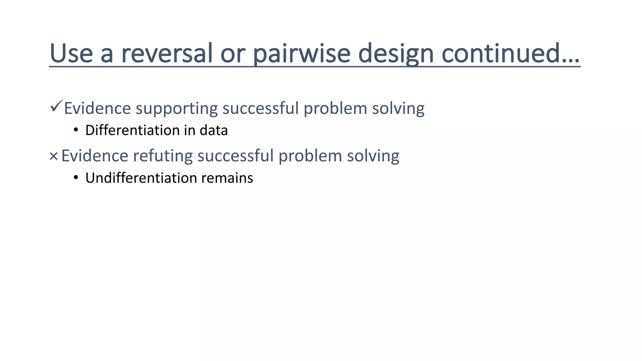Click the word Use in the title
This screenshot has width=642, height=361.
tap(71, 53)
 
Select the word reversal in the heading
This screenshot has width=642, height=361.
tap(167, 53)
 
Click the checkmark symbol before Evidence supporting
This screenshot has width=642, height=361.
tap(56, 107)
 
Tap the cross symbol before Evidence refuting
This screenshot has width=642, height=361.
tap(54, 156)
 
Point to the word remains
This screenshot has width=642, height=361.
tap(227, 178)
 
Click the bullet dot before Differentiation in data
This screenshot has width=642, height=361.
tap(76, 130)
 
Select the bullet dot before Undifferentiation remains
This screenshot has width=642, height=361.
tap(76, 177)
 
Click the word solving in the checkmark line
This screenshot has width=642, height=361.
tap(398, 108)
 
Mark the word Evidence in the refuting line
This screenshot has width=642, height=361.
tap(95, 156)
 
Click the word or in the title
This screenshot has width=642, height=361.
tap(233, 53)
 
